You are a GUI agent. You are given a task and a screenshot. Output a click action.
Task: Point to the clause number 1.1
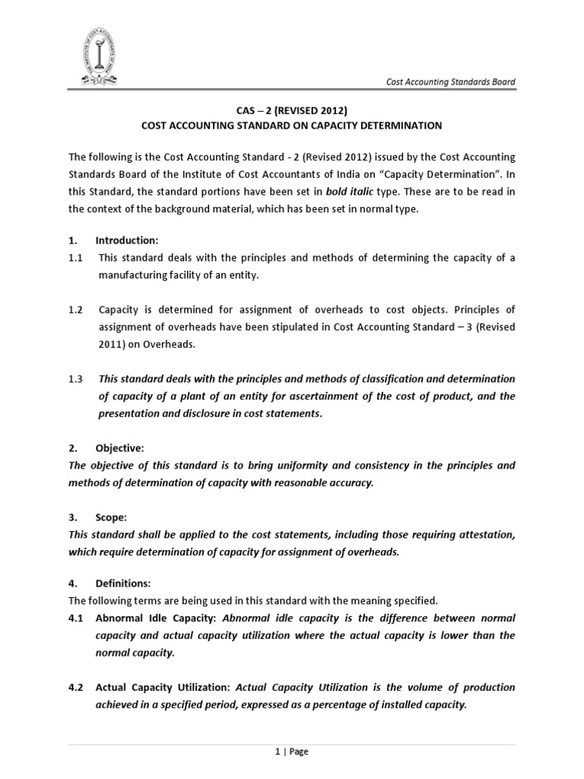coord(76,258)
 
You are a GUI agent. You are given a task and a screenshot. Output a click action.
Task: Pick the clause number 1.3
coord(76,379)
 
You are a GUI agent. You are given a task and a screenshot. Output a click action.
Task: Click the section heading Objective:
coord(122,448)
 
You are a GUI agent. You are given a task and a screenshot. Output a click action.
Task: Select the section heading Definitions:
coord(126,583)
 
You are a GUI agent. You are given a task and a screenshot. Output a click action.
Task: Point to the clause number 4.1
coord(76,618)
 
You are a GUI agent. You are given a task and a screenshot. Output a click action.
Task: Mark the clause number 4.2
coord(76,687)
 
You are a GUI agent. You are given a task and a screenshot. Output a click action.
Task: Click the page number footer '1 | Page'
coord(291,752)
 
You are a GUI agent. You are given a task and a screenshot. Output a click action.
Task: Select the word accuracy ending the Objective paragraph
coord(351,482)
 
